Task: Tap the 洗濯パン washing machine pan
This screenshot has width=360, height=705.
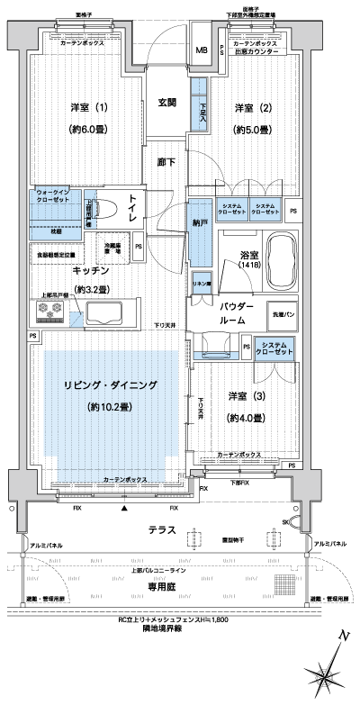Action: pos(282,314)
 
